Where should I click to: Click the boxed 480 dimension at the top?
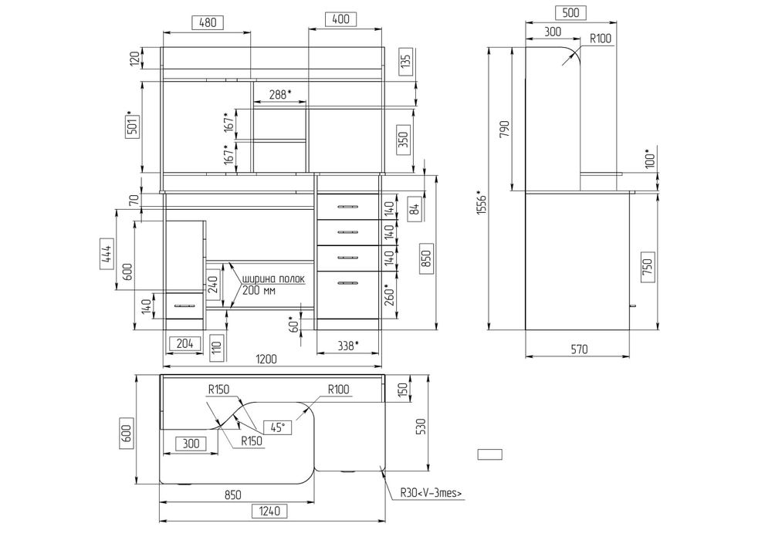tap(208, 22)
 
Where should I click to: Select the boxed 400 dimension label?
tap(340, 19)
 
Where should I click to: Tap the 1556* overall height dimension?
tap(481, 202)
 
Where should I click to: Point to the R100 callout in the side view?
tap(600, 39)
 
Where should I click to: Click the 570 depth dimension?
tap(579, 349)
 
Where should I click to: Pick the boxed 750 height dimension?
tap(648, 265)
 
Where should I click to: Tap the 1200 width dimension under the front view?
tap(266, 359)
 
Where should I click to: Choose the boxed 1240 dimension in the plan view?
tap(269, 511)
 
